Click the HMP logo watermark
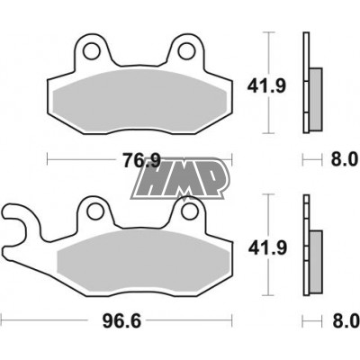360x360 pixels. coord(180,179)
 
